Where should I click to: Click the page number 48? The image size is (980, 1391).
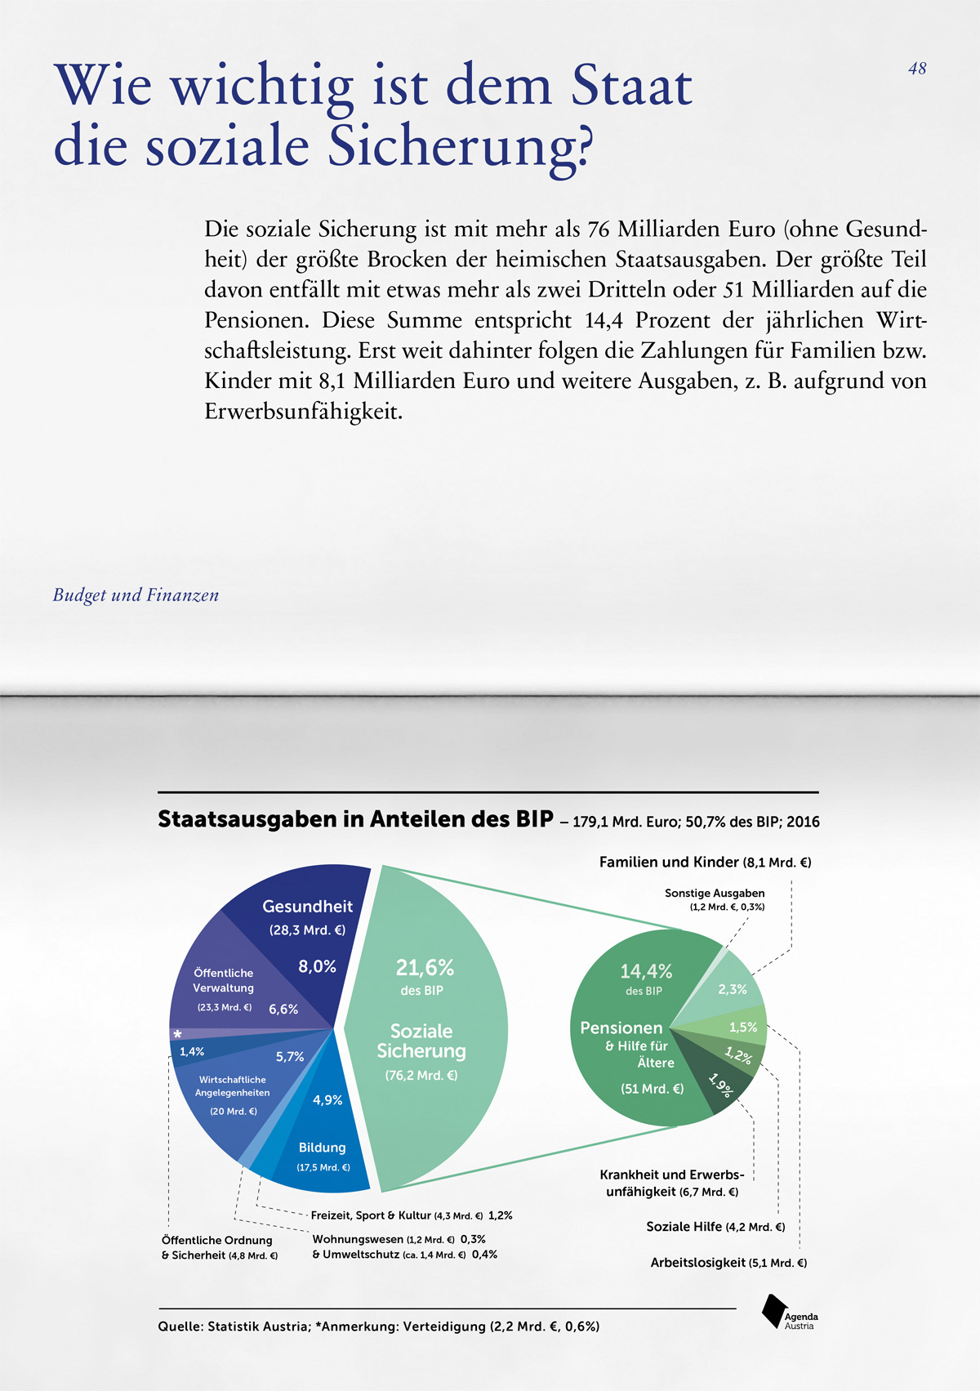pos(917,69)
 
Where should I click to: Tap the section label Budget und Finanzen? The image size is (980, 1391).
pos(136,595)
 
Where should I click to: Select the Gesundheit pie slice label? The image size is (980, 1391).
pos(307,907)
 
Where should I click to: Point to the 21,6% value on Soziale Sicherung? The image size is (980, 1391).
pos(425,968)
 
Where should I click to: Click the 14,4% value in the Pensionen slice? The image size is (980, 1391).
pos(646,971)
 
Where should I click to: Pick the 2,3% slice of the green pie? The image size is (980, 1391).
pos(732,989)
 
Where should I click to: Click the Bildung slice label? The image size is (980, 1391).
pos(322,1148)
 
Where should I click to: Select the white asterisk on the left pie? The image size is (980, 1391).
pos(177,1034)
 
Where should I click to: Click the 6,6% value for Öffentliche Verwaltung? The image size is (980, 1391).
pos(283,1010)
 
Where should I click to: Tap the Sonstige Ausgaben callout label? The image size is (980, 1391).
pos(715,894)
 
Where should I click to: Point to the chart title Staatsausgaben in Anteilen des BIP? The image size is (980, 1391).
pos(355,819)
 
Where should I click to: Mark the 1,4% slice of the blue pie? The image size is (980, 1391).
pos(192,1052)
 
